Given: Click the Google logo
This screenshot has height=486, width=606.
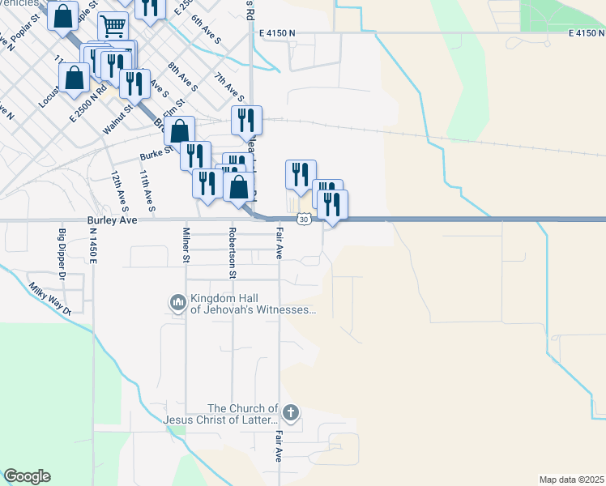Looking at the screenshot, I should tap(27, 476).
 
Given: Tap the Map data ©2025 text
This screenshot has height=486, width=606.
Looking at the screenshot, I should tap(571, 480).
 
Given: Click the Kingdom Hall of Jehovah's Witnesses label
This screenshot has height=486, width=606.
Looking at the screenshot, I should tap(252, 304).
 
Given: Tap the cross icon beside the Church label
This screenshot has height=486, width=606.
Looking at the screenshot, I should tap(291, 414).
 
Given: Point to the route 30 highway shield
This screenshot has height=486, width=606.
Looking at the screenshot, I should tap(302, 219).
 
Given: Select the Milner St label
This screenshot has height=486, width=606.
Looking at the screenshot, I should tap(186, 245).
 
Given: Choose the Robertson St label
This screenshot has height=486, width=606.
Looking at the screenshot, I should tap(233, 252).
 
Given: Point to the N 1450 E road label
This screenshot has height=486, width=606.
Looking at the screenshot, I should tap(93, 245).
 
